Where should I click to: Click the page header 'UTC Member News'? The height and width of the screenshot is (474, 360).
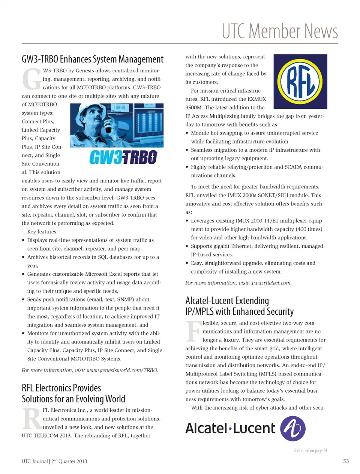pos(280,31)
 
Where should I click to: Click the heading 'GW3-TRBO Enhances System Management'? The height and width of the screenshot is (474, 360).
pos(93,59)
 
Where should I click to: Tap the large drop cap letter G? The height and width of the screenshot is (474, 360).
pos(31,79)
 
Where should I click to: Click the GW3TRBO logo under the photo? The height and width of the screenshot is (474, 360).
pos(123,157)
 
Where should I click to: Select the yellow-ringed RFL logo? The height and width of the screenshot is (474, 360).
pos(300,82)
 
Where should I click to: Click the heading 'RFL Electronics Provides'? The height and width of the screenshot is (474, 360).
pos(61,388)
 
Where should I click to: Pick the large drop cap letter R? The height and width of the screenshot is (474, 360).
pos(31,419)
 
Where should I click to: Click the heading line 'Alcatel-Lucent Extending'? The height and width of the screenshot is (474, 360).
pos(227,301)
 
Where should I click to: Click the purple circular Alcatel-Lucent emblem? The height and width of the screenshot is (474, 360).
pos(293,429)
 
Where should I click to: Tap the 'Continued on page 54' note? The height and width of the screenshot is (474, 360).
pos(310,450)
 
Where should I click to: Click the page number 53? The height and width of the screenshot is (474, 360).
pos(346,461)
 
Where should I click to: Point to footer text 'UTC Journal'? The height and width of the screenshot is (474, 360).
pos(34,461)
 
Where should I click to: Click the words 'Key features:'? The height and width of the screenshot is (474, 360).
pos(42,232)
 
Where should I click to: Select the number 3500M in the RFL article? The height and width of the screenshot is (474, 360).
pos(194,108)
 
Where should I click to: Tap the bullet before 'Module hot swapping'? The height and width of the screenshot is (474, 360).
pos(187,133)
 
